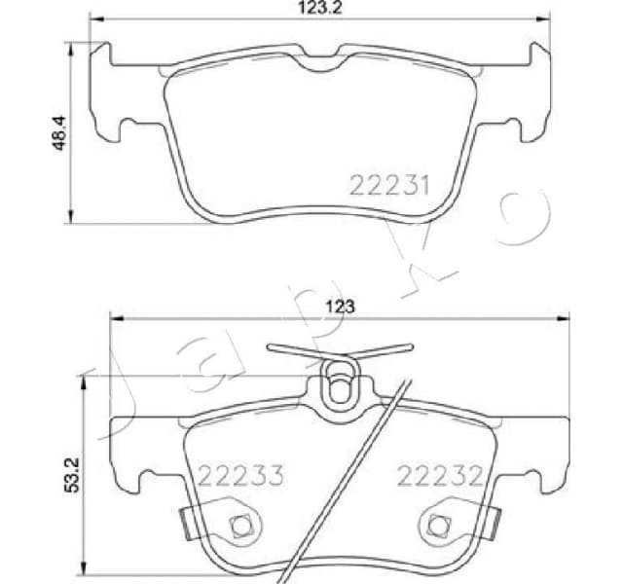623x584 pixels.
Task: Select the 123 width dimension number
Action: [x=339, y=306]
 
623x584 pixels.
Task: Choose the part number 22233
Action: [x=240, y=475]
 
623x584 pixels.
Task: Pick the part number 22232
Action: [x=440, y=475]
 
